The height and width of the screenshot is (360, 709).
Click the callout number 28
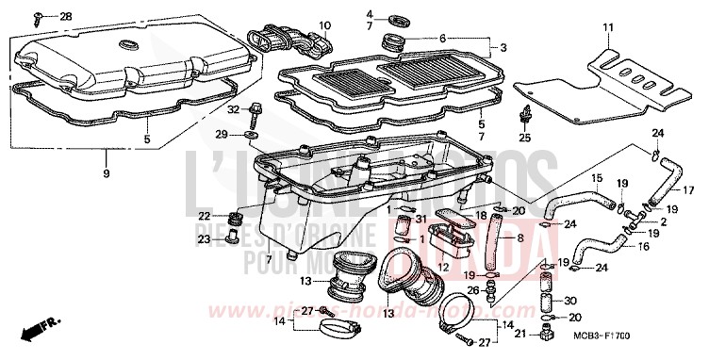65,18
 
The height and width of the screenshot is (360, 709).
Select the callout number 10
324,25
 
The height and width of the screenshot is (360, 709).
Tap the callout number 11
607,25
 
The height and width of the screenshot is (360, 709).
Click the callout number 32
232,110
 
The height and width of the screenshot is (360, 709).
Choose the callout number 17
700,189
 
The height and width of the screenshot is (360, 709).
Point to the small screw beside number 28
40,17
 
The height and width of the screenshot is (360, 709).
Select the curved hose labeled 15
576,199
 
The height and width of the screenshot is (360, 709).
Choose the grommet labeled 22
239,221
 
